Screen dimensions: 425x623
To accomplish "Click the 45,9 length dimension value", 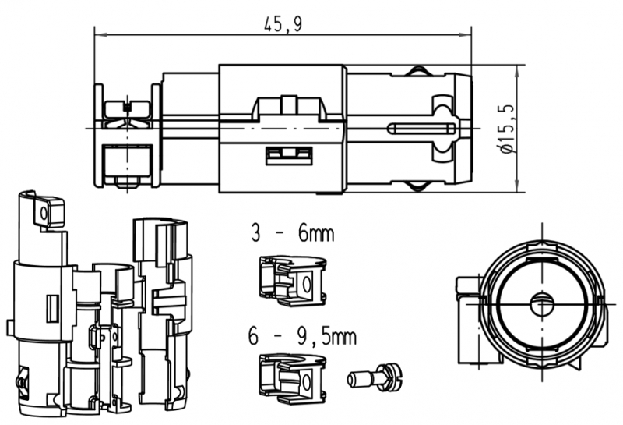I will pos(283,24).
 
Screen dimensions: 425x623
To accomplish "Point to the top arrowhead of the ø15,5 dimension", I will pos(517,72).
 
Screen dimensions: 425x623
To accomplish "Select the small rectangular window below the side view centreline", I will pos(289,156).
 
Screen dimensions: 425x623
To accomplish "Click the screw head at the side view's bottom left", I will pos(127,182).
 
